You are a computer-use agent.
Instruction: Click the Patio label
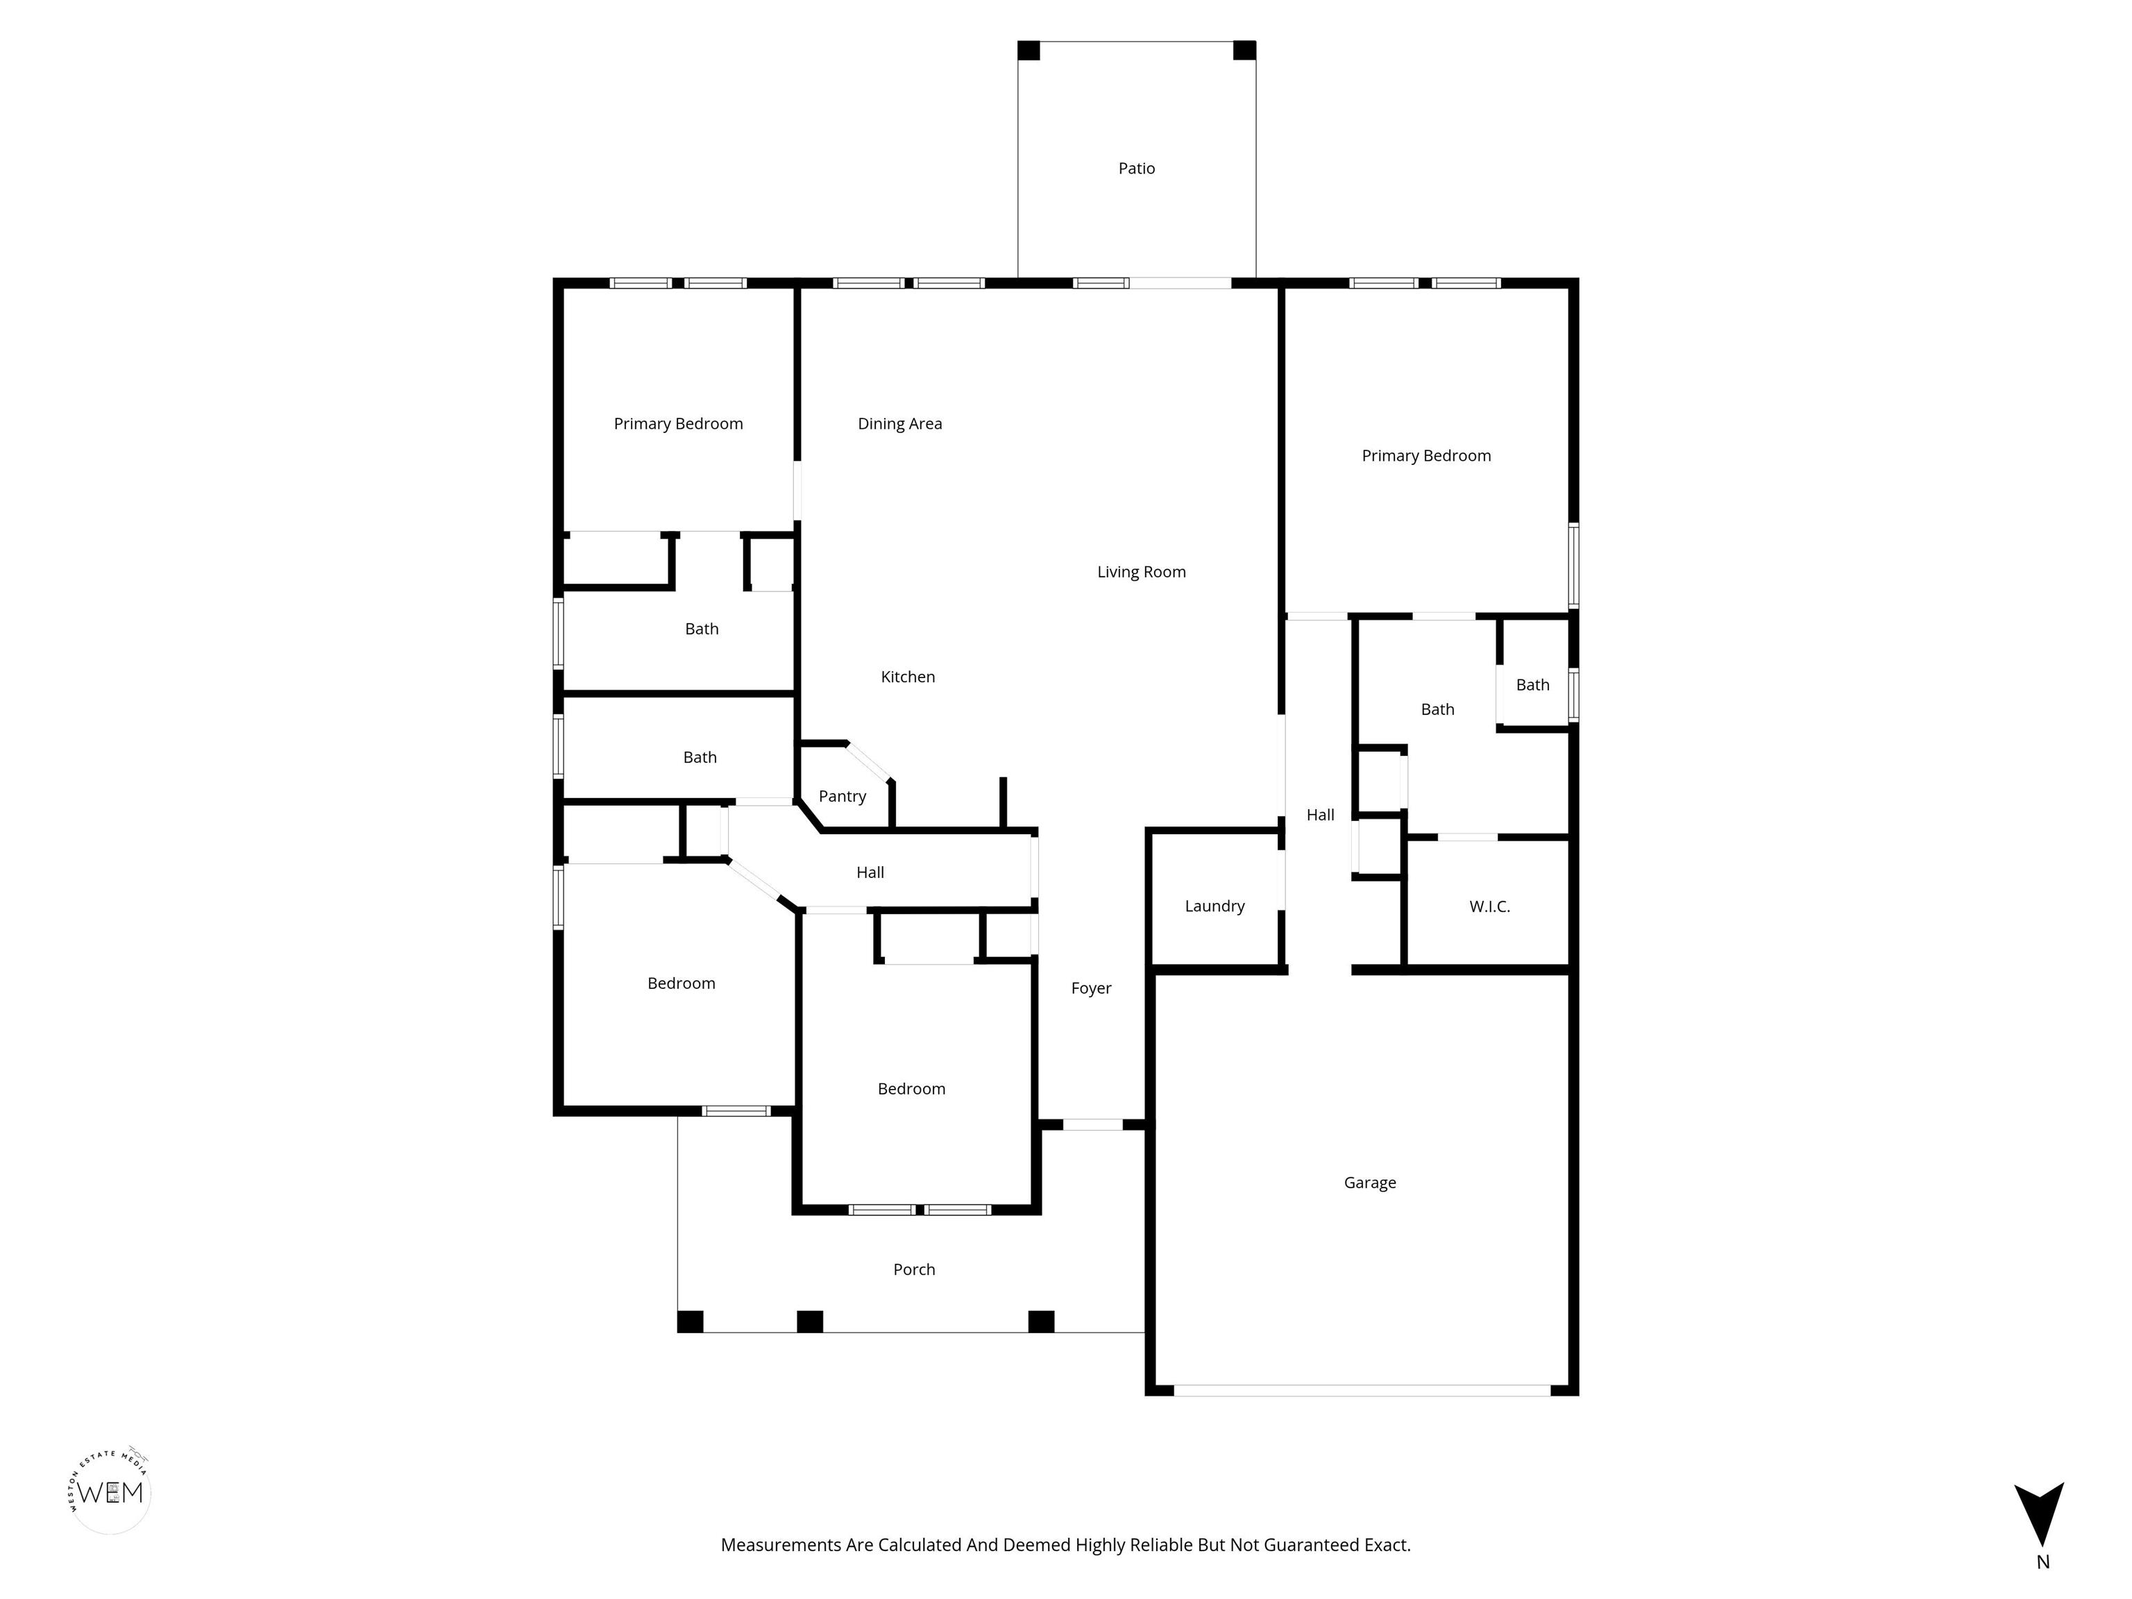point(1136,169)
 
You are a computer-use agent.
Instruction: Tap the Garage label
point(1369,1183)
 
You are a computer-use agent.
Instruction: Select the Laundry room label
point(1215,906)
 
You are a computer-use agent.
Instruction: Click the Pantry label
point(843,796)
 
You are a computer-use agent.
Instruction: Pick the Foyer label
point(1091,988)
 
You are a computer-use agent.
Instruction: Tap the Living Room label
point(1141,572)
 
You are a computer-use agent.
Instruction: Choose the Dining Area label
point(900,424)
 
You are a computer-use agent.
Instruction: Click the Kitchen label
point(908,677)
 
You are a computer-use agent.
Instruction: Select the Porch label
point(914,1269)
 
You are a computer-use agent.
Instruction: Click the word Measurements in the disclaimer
point(781,1545)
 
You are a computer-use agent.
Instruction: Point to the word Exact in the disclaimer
point(1387,1545)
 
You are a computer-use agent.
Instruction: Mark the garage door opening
point(1362,1390)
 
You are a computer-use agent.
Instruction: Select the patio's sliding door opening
point(1180,283)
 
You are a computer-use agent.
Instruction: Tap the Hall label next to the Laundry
point(1321,815)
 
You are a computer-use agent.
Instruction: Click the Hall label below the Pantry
point(870,872)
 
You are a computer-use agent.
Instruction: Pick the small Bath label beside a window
point(1532,684)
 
